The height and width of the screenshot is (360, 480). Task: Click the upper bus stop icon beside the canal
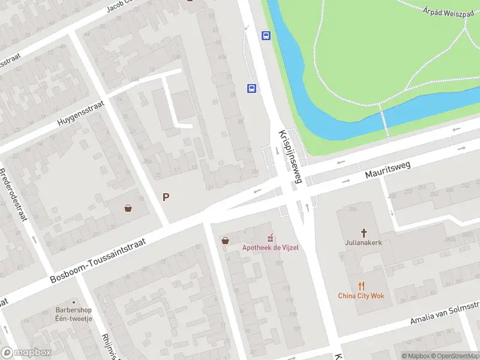(266, 35)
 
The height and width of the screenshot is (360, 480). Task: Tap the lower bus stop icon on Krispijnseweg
(251, 89)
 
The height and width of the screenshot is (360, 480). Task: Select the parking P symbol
(166, 197)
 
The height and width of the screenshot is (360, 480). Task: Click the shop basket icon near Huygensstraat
(128, 208)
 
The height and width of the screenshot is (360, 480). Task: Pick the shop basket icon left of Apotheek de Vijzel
(225, 241)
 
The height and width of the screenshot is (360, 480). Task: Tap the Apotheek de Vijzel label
(270, 247)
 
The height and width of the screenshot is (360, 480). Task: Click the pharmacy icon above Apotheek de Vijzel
(270, 238)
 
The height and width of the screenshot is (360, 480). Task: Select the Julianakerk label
(363, 244)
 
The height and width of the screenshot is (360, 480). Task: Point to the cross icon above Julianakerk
(363, 232)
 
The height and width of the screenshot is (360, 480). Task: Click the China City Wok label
(361, 296)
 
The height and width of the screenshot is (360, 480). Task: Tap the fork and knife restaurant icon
(361, 286)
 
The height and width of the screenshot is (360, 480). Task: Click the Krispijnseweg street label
(289, 157)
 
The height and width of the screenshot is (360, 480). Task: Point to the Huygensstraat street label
(81, 113)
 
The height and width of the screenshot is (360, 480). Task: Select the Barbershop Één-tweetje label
(70, 314)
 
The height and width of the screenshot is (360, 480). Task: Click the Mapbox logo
(26, 352)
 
